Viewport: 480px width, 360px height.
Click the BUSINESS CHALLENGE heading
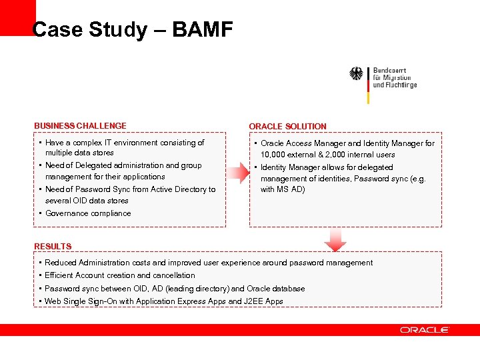click(80, 125)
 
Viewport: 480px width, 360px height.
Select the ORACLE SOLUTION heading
click(287, 126)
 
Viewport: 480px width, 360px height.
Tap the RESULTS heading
click(53, 246)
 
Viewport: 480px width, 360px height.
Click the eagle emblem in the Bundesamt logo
click(357, 74)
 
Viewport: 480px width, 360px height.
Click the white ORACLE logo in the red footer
click(425, 330)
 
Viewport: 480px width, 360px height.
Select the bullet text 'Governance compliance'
click(88, 213)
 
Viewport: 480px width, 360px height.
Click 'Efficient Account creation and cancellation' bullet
click(120, 275)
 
